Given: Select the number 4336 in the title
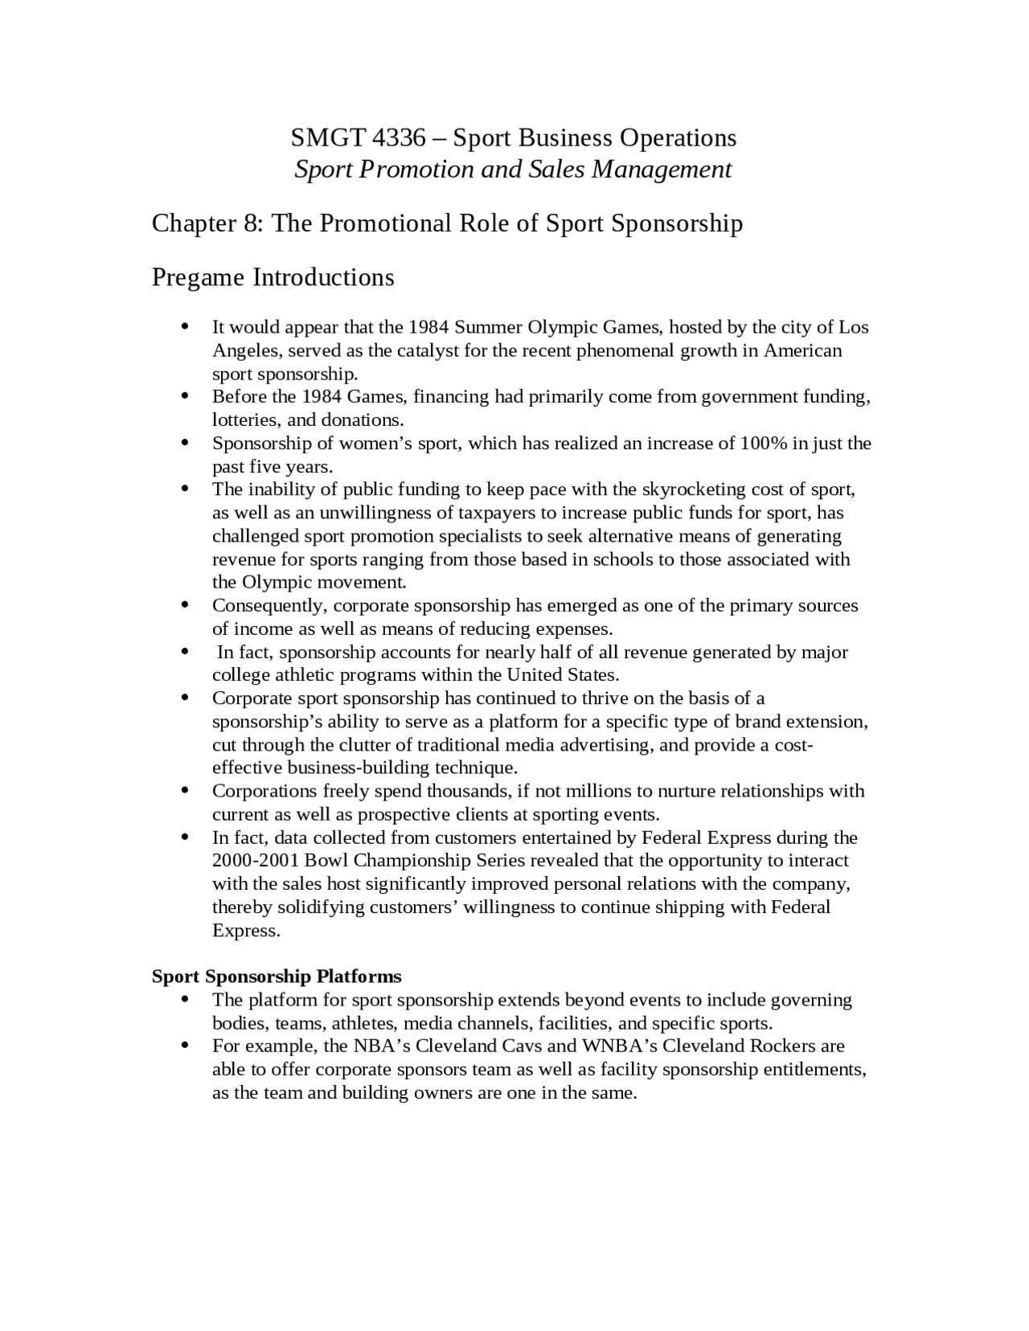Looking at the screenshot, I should click(399, 138).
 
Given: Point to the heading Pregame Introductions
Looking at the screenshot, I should click(273, 277).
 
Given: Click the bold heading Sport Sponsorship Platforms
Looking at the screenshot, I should click(277, 977).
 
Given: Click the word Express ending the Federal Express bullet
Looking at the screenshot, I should click(245, 931).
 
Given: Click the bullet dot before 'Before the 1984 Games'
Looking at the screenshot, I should click(186, 397).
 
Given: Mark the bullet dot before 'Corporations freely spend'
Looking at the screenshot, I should click(186, 792).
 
